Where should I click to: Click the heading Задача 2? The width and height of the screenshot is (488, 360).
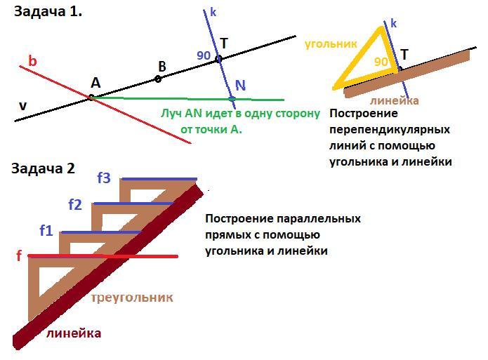tap(43, 168)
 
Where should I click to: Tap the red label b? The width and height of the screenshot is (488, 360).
tap(32, 62)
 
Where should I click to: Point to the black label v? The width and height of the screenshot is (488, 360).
tap(23, 106)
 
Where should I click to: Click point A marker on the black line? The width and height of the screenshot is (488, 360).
tap(91, 97)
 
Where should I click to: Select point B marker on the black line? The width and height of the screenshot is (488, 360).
tap(158, 79)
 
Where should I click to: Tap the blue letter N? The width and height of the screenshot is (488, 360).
tap(240, 86)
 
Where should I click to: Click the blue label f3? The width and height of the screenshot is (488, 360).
tap(104, 178)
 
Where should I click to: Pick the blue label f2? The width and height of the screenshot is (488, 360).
tap(75, 205)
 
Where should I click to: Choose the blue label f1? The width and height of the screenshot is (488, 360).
tap(46, 229)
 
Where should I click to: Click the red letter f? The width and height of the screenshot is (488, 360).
tap(19, 256)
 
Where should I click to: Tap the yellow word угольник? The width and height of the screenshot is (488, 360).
tap(331, 44)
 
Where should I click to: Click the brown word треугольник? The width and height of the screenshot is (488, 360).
tap(132, 298)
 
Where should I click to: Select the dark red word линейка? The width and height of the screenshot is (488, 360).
tap(73, 333)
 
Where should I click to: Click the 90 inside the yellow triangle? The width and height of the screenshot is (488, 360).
tap(381, 62)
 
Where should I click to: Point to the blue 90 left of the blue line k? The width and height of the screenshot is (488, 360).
tap(204, 55)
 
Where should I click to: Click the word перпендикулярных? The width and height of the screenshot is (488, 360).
tap(389, 130)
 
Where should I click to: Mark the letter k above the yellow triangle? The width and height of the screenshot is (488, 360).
tap(393, 24)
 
